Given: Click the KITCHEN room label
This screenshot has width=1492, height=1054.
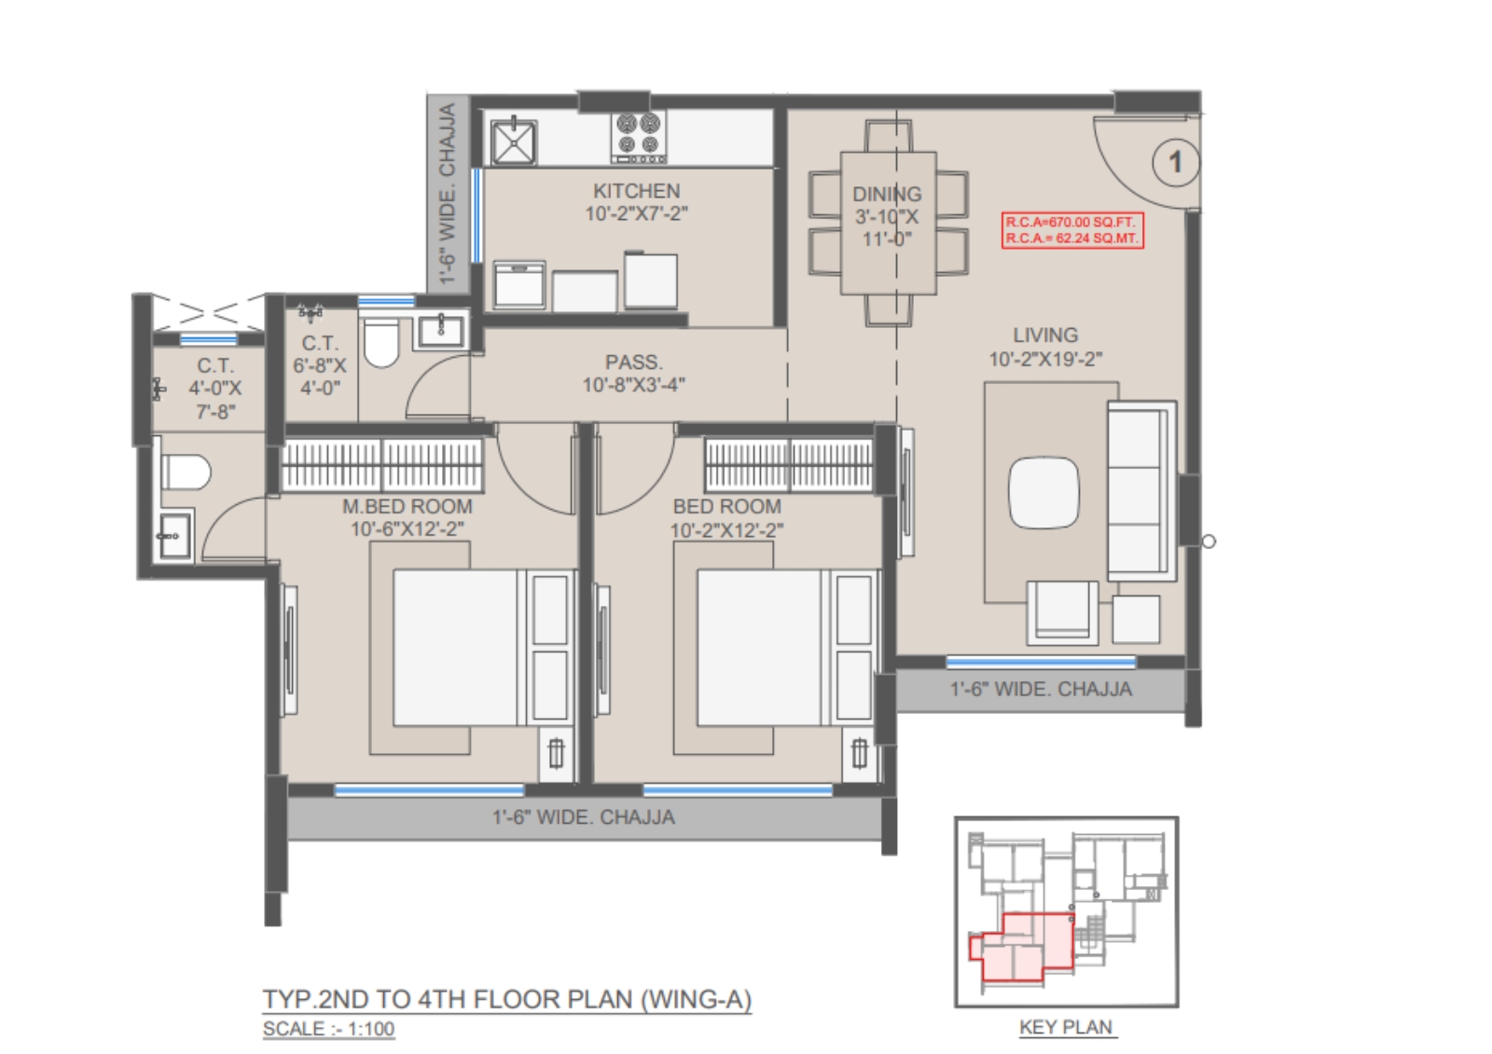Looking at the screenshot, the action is [x=636, y=191].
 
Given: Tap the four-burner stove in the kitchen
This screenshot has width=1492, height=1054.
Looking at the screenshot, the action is [x=638, y=138].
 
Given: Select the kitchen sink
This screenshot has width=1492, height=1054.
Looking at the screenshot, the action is [x=513, y=141].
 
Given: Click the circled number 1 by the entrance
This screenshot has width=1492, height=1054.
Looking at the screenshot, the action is [x=1175, y=162].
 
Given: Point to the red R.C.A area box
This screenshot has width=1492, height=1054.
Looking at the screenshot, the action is [x=1072, y=230].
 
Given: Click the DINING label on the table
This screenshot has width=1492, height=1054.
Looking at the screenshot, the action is [x=887, y=195].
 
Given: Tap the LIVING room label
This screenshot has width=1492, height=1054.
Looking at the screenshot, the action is [x=1045, y=335].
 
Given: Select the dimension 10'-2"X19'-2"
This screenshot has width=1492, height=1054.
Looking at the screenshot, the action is [x=1045, y=360].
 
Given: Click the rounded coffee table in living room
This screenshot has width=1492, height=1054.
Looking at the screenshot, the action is [x=1043, y=493].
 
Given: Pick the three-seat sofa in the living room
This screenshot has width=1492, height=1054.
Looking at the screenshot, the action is [x=1141, y=491].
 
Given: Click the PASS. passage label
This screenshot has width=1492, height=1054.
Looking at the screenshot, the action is [x=633, y=363].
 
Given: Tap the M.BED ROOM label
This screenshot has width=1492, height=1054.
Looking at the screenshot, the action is [x=407, y=507].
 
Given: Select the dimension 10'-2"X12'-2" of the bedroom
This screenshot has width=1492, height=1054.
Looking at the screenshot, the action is [x=726, y=530].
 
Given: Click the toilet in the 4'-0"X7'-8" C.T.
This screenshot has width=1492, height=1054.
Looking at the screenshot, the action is [x=186, y=472].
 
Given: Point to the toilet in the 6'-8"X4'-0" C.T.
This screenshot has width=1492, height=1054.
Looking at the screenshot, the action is [x=381, y=342].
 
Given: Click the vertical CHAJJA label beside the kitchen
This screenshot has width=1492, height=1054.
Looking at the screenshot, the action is [x=447, y=193].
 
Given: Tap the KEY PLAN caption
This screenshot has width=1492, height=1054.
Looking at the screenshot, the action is [x=1066, y=1027].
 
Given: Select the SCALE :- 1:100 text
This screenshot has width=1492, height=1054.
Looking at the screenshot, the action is [x=328, y=1029].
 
